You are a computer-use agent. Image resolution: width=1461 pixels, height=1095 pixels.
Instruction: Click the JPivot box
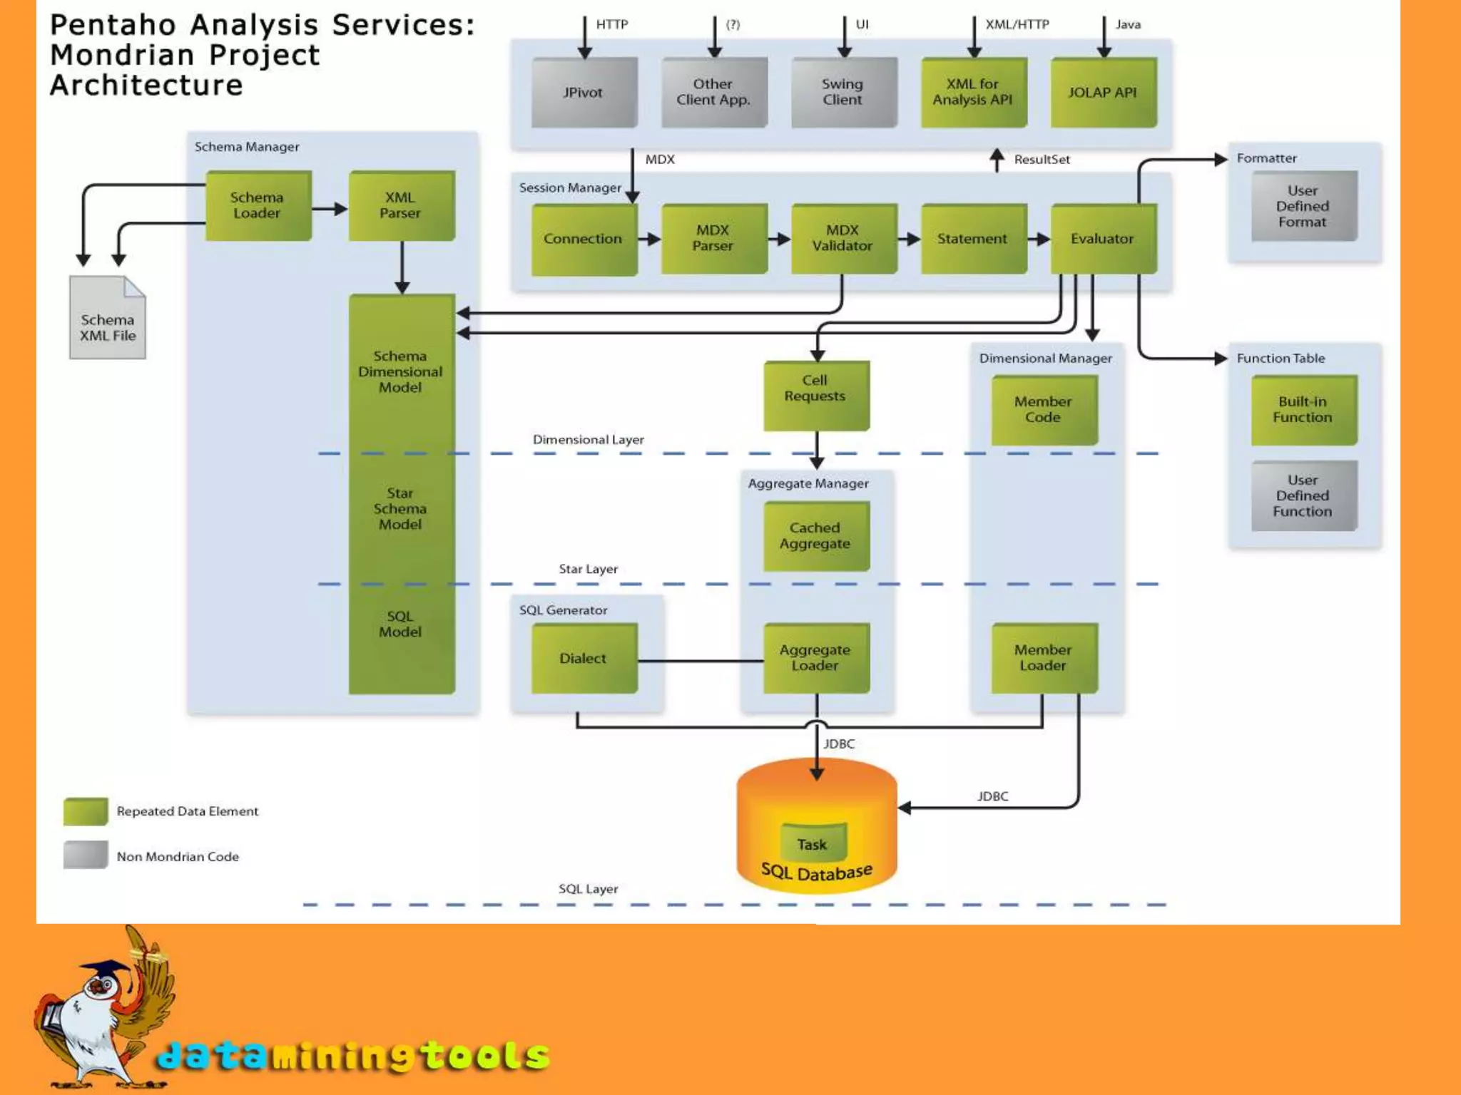(584, 93)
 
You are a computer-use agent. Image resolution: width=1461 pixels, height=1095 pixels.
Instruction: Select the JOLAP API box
(1103, 93)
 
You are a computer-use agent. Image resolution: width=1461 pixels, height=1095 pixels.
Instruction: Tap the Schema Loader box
(258, 205)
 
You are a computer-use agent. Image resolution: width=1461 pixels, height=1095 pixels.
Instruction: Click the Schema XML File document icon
(108, 319)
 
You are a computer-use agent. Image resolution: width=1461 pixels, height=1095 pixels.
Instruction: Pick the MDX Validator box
(843, 238)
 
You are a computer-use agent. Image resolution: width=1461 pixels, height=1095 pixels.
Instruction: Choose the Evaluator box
(1103, 238)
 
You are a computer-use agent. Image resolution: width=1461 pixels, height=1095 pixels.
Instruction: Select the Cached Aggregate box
(816, 536)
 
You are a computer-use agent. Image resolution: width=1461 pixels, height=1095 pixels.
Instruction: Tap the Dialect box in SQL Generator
(584, 658)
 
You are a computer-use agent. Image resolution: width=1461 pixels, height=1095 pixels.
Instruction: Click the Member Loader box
(1044, 658)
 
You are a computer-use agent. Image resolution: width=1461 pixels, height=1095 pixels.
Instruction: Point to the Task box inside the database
(813, 843)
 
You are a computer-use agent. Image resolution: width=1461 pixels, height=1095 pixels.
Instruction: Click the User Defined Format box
(1303, 206)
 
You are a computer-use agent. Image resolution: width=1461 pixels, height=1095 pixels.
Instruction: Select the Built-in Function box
(1303, 410)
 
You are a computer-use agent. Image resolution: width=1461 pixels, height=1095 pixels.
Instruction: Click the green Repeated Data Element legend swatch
(86, 811)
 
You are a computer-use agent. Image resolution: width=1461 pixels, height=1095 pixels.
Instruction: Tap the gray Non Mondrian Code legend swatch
(86, 855)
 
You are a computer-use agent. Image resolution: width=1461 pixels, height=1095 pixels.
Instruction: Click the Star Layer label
(589, 569)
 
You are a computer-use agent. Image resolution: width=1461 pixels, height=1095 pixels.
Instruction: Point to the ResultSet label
(1042, 160)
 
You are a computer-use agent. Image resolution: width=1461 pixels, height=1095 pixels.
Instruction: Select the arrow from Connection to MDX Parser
(649, 239)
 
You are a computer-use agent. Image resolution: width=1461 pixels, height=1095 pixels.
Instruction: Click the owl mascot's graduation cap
(105, 970)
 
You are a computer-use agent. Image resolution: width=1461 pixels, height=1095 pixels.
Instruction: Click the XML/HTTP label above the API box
(1017, 24)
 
